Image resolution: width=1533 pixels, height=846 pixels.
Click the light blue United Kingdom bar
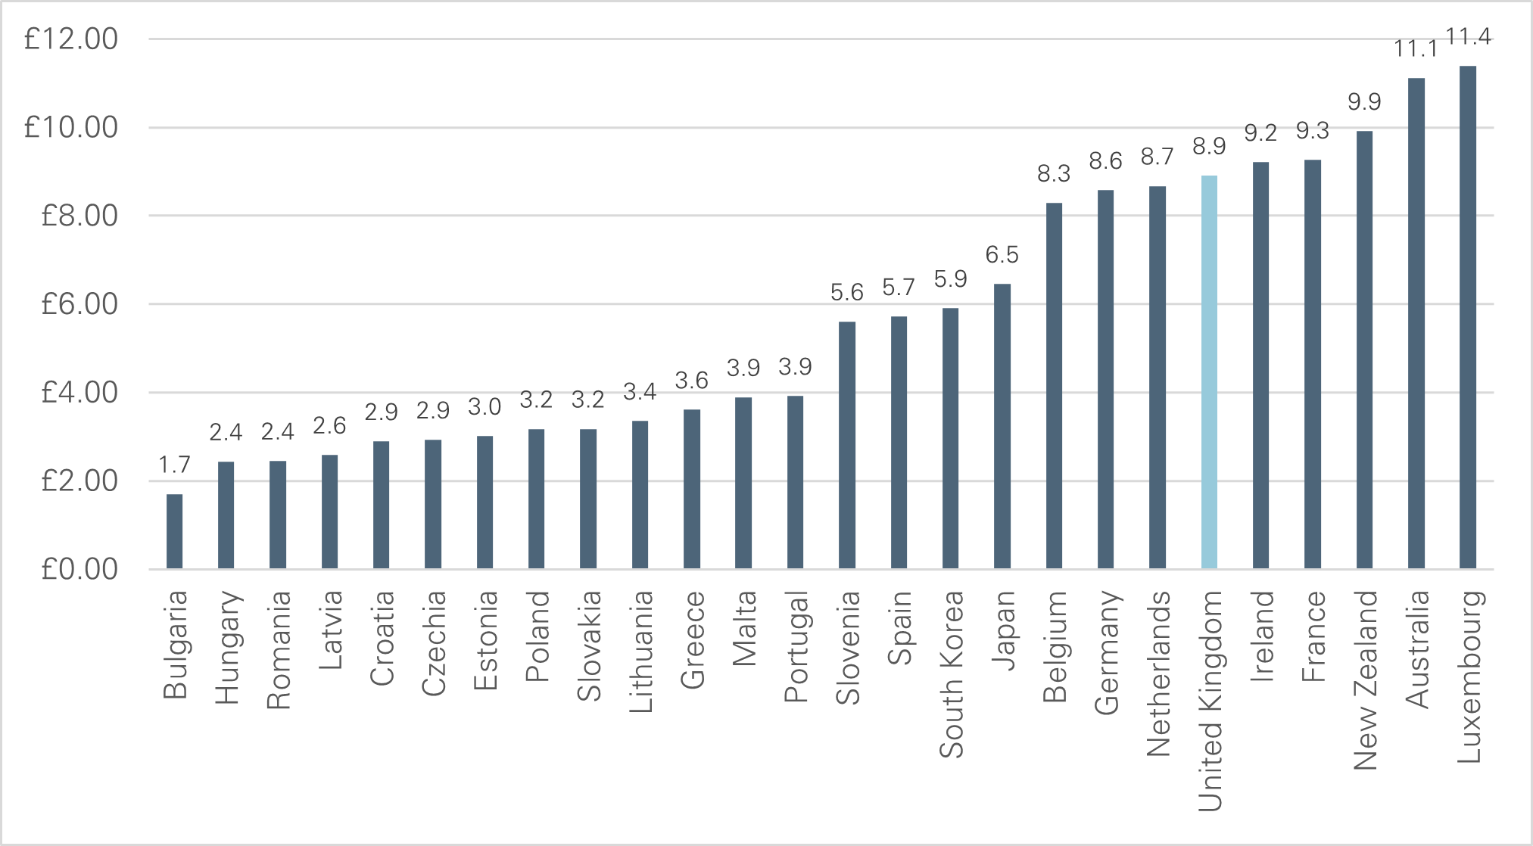[x=1209, y=372]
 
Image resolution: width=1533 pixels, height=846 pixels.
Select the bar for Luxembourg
[x=1467, y=318]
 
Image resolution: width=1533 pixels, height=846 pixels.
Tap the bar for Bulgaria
[x=174, y=531]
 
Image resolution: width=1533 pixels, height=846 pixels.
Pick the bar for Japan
[x=1002, y=426]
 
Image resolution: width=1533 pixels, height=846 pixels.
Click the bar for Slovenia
[x=846, y=445]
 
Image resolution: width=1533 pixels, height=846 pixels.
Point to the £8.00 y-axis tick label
[x=79, y=216]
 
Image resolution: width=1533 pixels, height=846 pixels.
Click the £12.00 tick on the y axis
[x=71, y=39]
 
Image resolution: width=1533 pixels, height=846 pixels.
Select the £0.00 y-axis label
[x=79, y=569]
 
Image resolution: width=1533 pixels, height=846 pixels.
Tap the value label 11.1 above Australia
[x=1414, y=49]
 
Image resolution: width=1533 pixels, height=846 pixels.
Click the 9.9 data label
[x=1364, y=102]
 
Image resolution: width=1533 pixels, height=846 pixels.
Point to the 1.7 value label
[x=174, y=465]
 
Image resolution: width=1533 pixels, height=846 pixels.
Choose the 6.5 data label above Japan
[x=1002, y=255]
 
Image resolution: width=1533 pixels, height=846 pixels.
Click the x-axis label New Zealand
[x=1366, y=680]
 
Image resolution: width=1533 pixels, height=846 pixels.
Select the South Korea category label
[x=952, y=673]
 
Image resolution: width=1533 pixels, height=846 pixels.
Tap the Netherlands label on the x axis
[x=1158, y=673]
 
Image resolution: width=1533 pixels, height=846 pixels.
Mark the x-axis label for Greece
[x=692, y=639]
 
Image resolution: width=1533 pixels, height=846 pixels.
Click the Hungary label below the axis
[x=227, y=647]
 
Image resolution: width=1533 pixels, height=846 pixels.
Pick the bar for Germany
[x=1105, y=379]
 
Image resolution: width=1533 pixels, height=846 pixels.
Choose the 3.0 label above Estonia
[x=485, y=407]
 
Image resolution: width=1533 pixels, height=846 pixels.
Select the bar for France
[x=1312, y=364]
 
